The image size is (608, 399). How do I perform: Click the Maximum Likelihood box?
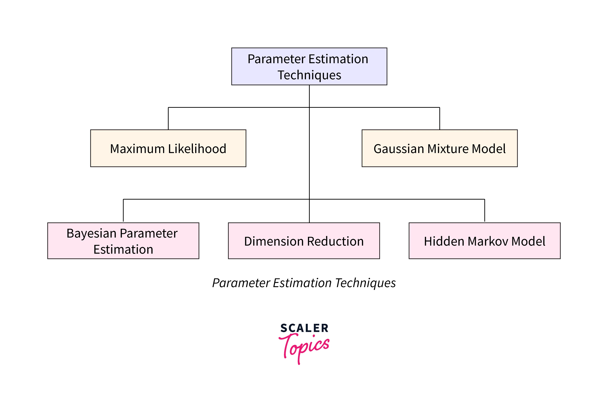pos(168,159)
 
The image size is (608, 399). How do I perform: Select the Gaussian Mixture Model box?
pos(439,159)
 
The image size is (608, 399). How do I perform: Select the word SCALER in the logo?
pos(304,328)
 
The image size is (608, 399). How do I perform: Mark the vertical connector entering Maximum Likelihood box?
pos(168,119)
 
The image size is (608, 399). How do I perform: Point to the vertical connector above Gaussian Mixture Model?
pos(439,119)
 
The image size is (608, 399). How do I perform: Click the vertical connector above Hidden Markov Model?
pos(484,210)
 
